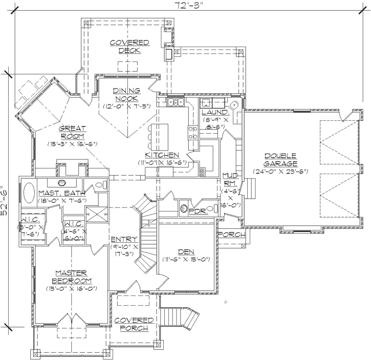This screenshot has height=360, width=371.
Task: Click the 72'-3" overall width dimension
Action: tap(185, 6)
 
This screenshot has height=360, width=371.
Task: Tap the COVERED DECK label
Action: tap(129, 46)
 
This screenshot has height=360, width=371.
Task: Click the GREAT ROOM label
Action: tap(72, 132)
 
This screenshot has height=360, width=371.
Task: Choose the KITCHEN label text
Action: tap(162, 155)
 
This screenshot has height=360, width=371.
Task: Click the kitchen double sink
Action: tap(176, 103)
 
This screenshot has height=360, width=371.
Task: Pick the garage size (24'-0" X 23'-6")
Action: tap(281, 172)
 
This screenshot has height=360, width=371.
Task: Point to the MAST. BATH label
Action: tap(61, 193)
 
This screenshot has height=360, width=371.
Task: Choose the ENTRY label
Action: tap(123, 239)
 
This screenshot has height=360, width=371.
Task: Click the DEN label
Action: tap(186, 251)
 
